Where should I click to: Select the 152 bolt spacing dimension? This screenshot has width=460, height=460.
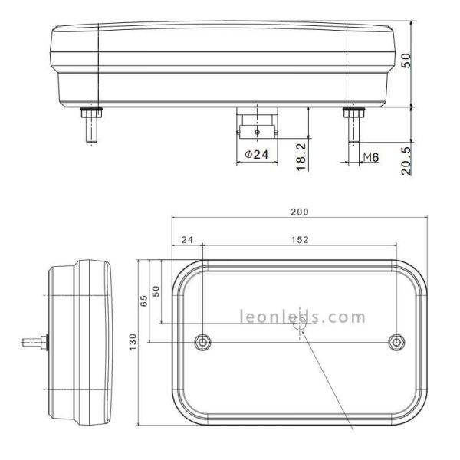coord(300,239)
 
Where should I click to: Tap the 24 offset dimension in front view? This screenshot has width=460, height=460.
coord(186,239)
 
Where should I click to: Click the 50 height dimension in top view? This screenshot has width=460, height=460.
coord(407,59)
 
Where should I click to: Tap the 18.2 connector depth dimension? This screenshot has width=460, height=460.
coord(301,156)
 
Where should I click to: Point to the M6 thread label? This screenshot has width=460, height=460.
coord(370,157)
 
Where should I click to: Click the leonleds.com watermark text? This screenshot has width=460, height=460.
coord(303,316)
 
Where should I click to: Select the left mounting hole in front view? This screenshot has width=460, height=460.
coord(202,341)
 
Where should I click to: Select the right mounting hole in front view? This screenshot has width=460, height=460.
coord(396,341)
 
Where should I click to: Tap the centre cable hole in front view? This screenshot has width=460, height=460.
coord(300,326)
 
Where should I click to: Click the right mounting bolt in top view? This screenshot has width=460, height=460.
coord(353,123)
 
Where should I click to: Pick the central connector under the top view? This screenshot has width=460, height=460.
coord(256,125)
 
